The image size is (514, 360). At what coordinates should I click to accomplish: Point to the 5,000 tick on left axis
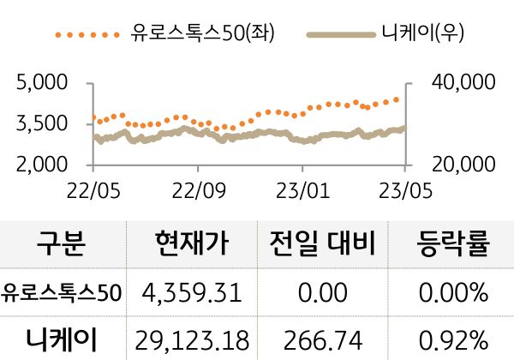[42, 84]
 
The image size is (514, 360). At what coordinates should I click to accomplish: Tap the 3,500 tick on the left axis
[42, 123]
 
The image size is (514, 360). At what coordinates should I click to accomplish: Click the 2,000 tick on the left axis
[42, 163]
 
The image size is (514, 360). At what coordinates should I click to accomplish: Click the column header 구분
[62, 245]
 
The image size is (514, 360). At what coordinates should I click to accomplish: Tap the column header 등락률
[451, 245]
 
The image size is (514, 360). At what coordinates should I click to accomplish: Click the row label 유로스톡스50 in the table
[62, 293]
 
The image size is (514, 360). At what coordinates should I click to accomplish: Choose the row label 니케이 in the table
[62, 338]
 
